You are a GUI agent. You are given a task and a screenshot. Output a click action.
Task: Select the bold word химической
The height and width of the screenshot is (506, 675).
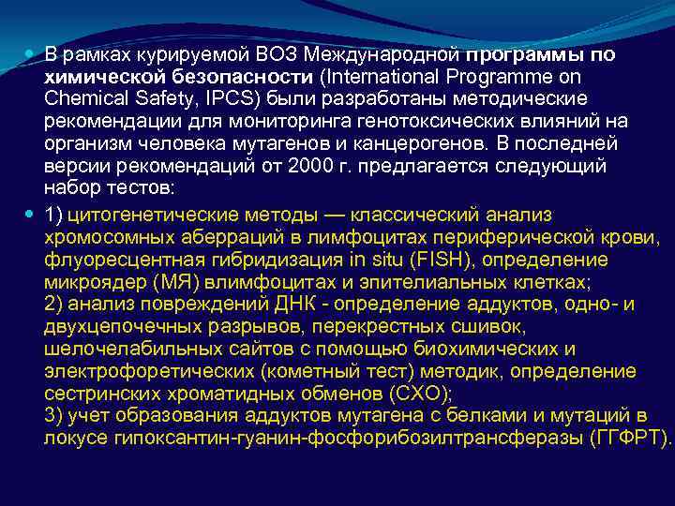pos(103,77)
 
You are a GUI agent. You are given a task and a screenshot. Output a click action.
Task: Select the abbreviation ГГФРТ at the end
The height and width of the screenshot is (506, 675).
pos(628,439)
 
